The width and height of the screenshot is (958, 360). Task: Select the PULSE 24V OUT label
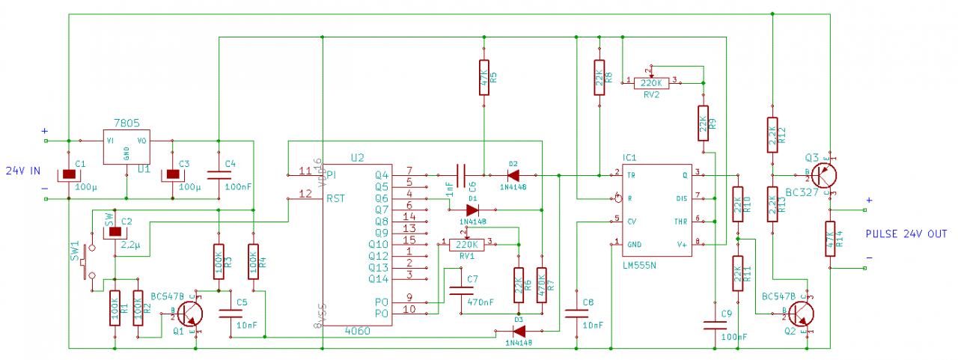coord(906,234)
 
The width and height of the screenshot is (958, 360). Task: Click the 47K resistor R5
coord(483,78)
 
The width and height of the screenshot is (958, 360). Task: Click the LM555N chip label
coord(640,266)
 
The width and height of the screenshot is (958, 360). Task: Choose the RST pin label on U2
coord(336,198)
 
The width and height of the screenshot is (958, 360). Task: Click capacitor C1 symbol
coord(69,174)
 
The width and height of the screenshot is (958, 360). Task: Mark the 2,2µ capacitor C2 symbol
coord(115,231)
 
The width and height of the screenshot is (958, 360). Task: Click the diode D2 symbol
coord(513,175)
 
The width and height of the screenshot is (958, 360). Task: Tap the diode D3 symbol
coord(519,330)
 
